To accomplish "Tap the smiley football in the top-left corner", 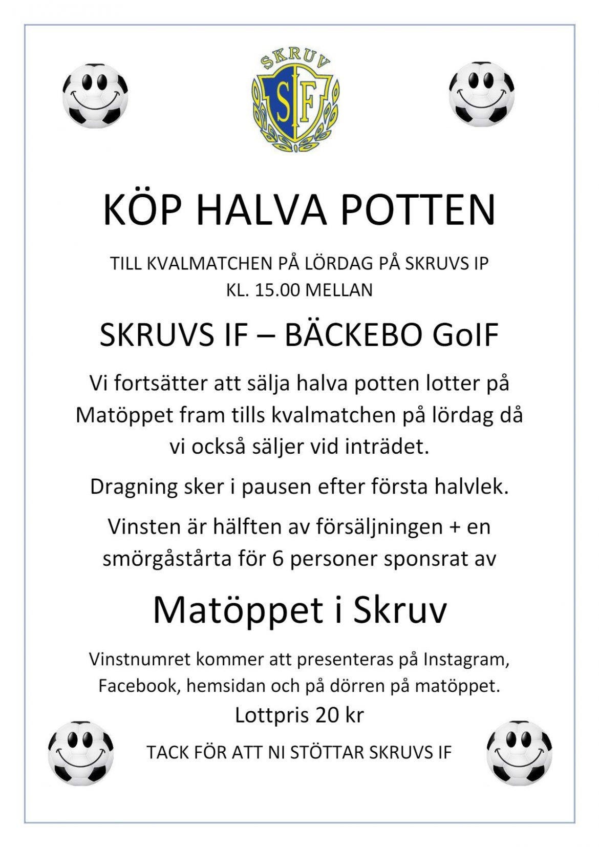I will pos(95,95).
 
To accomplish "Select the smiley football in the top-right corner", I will pos(482,94).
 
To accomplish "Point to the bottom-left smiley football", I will pos(81,753).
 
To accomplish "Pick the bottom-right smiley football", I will pos(519,753).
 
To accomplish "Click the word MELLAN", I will pos(339,290).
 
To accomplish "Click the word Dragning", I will pos(133,487).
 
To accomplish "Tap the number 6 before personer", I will pos(278,559).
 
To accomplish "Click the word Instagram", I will pos(466,660).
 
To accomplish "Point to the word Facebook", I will pos(137,686).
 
